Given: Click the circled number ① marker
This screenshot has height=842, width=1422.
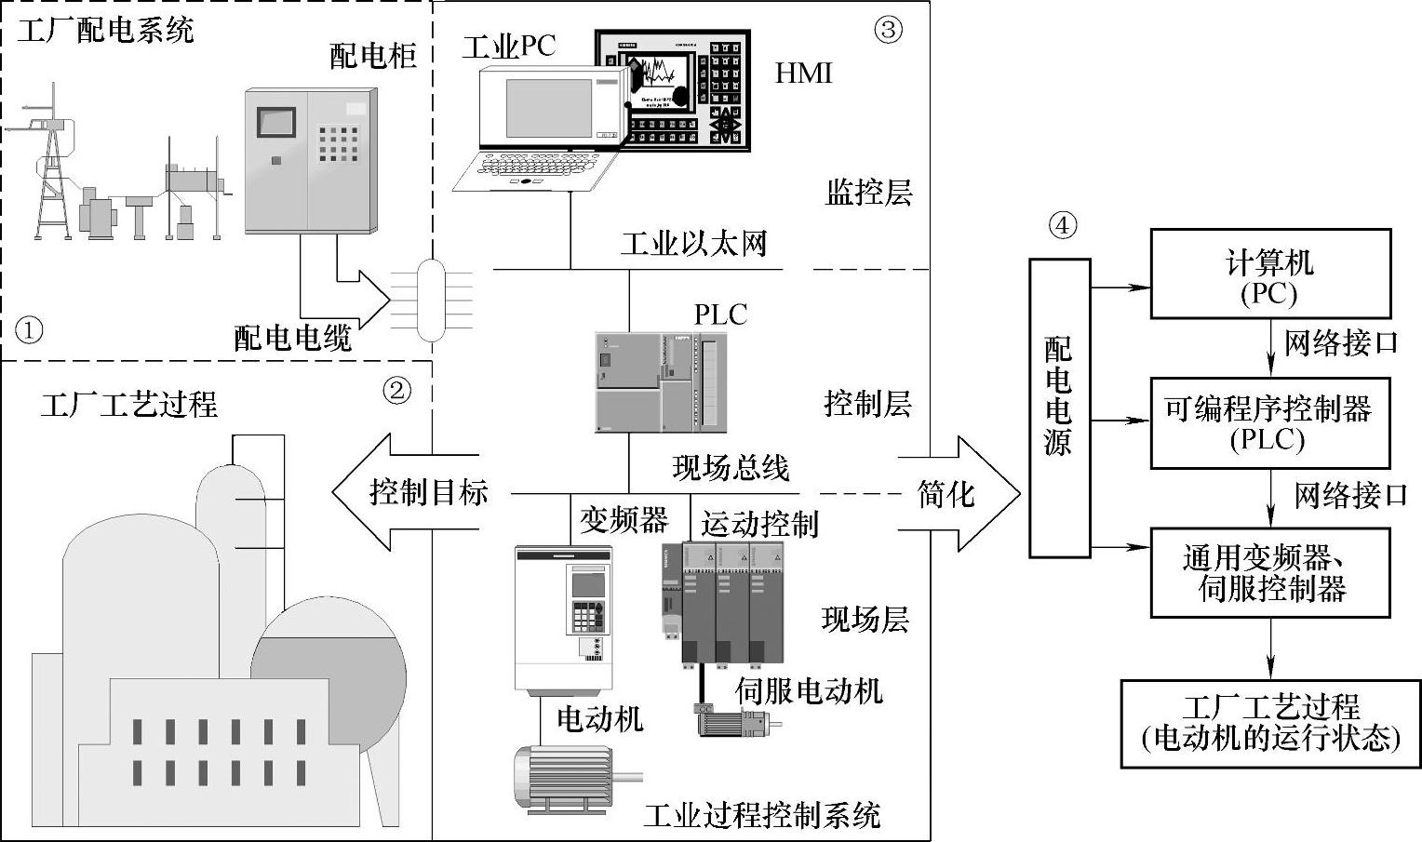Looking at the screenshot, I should coord(30,329).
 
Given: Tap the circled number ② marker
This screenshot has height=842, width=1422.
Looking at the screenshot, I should coord(397,391).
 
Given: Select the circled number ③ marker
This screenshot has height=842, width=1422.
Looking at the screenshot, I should coord(888,30).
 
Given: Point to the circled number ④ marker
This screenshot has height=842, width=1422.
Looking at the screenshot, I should coord(1062,226).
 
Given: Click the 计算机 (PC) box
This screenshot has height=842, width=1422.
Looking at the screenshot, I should coord(1269,275).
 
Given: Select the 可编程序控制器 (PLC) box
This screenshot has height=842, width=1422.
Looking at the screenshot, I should coord(1269,422).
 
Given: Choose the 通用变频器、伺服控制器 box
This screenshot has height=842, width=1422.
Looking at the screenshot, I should coord(1269,572).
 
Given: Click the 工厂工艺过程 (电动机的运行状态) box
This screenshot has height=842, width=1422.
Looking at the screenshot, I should coord(1269,723).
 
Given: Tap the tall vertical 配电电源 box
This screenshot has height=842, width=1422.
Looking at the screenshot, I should coord(1059,408).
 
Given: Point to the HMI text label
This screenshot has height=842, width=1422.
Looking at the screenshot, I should coord(803,73).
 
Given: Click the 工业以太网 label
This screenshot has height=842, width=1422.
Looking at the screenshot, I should coord(693,244).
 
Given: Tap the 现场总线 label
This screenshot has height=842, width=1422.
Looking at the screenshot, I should coord(731,467).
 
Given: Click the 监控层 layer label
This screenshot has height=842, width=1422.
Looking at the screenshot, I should coord(868,193).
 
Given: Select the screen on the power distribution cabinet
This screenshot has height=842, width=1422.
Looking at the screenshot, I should coord(276,123).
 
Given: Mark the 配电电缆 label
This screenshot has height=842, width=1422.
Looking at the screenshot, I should coord(292,338).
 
